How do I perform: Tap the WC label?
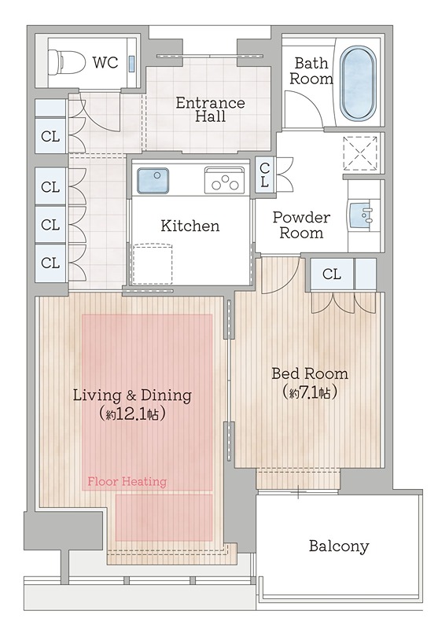105,63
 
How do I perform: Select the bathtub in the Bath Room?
358,83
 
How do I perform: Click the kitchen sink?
153,181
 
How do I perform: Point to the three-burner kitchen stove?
224,179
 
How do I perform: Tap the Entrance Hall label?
210,109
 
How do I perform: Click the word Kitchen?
190,226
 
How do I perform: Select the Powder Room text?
301,225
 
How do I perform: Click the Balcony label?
339,546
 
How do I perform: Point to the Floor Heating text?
127,481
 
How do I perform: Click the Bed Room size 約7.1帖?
309,392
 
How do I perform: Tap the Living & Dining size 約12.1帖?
132,414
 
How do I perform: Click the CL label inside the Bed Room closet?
331,274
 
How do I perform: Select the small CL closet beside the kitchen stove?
265,175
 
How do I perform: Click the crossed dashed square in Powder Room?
360,153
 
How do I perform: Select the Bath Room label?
311,71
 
